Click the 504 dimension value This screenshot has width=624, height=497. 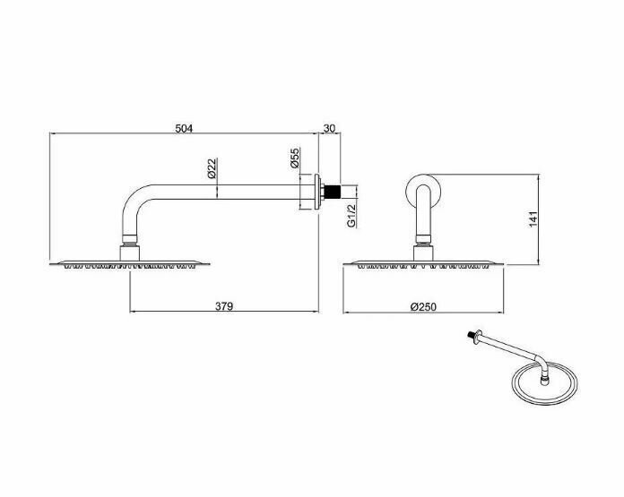[183, 128]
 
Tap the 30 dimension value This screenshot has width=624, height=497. [329, 128]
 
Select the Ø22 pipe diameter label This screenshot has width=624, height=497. [212, 169]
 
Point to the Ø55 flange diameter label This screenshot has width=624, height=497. [294, 159]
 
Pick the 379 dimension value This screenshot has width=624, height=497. [224, 306]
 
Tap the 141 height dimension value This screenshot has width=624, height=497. [532, 219]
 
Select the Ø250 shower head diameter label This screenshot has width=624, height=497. [423, 306]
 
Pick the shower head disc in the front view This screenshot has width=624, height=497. [423, 263]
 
